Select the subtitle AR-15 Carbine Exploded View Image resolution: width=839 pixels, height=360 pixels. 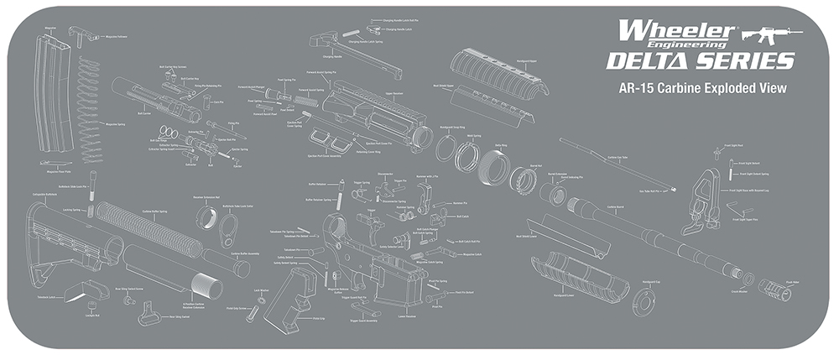(x=701, y=87)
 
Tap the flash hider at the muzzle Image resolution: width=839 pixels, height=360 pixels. (x=777, y=286)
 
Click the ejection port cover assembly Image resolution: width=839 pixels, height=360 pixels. (x=323, y=138)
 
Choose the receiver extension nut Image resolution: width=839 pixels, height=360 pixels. (x=207, y=218)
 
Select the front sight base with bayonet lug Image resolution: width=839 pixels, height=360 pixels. (x=701, y=201)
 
